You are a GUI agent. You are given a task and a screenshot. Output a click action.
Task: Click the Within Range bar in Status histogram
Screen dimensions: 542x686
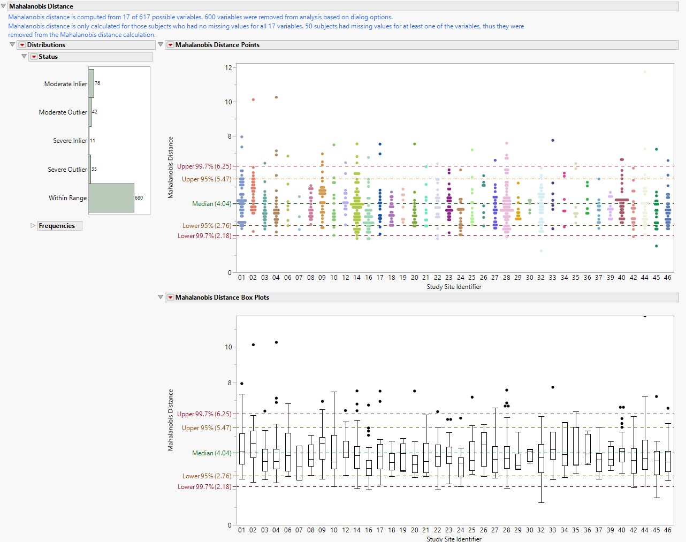[111, 197]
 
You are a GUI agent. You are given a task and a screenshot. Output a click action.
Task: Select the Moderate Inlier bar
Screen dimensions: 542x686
[92, 83]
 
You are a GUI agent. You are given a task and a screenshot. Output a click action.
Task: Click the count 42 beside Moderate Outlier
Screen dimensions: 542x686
[95, 112]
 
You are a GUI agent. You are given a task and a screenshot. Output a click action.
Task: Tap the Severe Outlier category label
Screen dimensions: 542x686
[67, 170]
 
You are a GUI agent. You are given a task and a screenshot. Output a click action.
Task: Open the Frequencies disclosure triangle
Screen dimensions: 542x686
[33, 226]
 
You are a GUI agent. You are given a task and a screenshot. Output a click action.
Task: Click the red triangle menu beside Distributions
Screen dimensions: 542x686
[22, 45]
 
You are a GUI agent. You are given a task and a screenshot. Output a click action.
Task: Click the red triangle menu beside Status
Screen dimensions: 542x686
[34, 57]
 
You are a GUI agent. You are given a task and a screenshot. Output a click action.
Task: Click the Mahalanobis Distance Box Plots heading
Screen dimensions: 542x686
[222, 297]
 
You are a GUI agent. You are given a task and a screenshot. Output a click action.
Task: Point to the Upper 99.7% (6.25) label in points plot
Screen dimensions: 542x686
[204, 166]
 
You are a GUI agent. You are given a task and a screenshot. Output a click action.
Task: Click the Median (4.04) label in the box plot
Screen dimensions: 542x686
[212, 453]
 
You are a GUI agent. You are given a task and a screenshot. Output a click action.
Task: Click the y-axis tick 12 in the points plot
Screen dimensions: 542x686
[228, 68]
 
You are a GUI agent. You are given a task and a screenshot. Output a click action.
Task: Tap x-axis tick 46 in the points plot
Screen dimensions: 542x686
[667, 278]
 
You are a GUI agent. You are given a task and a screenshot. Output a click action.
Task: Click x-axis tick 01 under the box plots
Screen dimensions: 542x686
[242, 530]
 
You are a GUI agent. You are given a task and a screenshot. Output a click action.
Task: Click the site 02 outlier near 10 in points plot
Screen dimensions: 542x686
[253, 100]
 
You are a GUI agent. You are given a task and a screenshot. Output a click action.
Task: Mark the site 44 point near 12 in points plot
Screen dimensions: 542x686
[645, 72]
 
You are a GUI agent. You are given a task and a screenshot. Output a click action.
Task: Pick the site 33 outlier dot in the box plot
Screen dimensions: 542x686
[553, 387]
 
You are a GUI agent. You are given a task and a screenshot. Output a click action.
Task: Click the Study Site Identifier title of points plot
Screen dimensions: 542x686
[454, 287]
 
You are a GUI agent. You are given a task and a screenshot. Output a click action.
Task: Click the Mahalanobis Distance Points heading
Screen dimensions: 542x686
[217, 45]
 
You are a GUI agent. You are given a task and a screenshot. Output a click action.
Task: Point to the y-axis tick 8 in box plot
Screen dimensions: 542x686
[230, 383]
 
